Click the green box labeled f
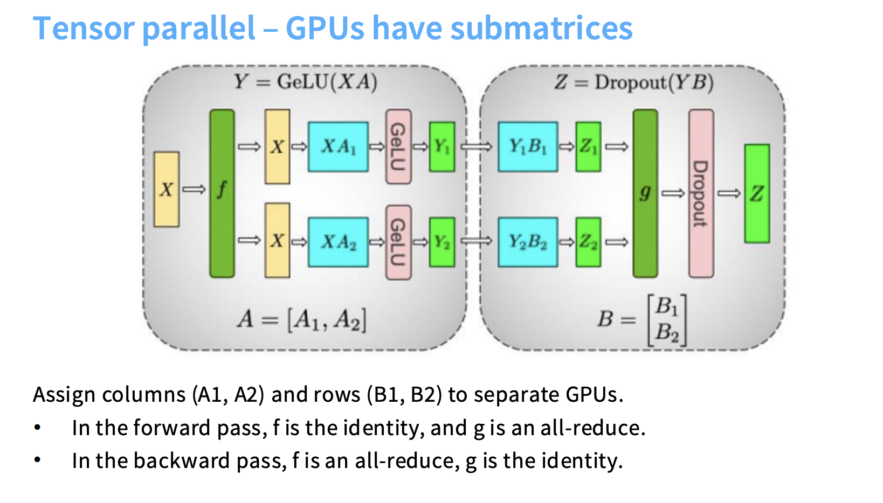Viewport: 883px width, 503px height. [x=222, y=193]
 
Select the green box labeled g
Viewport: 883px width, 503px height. [x=645, y=193]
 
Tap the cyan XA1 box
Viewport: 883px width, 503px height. [x=338, y=147]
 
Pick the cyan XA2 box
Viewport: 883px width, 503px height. [x=338, y=242]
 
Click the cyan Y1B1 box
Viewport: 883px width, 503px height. [x=528, y=147]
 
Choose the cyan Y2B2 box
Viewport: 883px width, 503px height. [x=528, y=242]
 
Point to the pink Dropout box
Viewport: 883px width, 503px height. [x=701, y=193]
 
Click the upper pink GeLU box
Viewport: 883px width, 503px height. [x=398, y=146]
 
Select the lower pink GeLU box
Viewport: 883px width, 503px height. [x=398, y=242]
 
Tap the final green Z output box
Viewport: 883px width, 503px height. [x=757, y=193]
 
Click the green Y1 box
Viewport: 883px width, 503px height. [x=442, y=147]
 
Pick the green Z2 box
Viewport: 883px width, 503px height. [x=588, y=242]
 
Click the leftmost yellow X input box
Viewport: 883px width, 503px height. [x=167, y=189]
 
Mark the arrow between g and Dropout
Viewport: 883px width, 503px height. [x=673, y=193]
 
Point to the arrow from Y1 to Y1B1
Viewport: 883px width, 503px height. [x=477, y=146]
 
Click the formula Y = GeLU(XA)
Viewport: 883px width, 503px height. [x=305, y=82]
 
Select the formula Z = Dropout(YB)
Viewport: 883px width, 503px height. [x=634, y=82]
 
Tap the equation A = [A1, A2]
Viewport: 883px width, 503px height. [x=302, y=320]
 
